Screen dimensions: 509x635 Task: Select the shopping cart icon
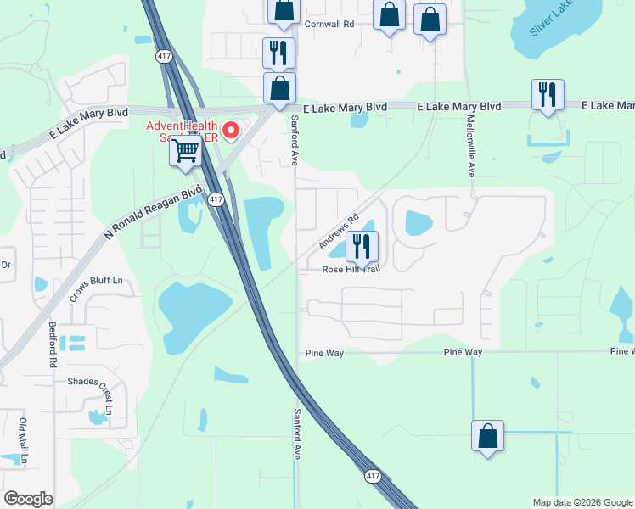[x=185, y=152]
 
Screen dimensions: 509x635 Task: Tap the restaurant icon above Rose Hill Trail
[x=362, y=247]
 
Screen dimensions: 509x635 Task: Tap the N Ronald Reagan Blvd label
[x=154, y=212]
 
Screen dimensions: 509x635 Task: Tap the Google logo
[x=28, y=498]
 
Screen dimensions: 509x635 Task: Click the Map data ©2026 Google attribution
[x=582, y=502]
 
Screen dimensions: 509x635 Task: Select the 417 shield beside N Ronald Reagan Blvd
[x=216, y=199]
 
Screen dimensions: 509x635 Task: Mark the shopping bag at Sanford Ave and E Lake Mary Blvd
[x=279, y=87]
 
